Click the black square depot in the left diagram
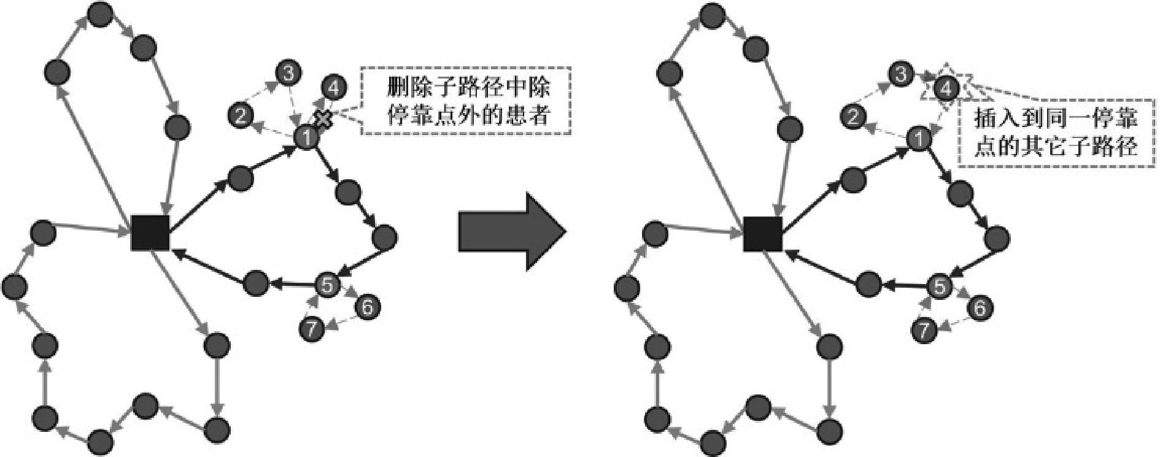(150, 232)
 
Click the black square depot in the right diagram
(762, 234)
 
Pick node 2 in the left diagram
(241, 115)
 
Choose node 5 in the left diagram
(327, 285)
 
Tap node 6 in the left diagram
(367, 306)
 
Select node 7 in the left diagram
(312, 329)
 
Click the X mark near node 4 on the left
(322, 118)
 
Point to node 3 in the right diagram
(900, 75)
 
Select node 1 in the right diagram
(918, 139)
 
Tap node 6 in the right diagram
(980, 307)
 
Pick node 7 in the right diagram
(924, 330)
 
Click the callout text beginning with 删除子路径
(467, 100)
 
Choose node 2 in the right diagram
(853, 115)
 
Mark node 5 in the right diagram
(940, 286)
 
